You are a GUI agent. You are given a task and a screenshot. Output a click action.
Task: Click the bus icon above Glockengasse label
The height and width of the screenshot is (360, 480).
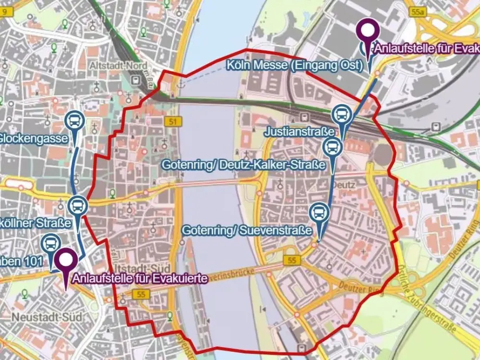(74, 121)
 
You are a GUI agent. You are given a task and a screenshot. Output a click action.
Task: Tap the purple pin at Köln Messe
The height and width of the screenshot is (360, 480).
(369, 32)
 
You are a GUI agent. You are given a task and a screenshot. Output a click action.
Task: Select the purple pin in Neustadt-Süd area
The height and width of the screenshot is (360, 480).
(66, 261)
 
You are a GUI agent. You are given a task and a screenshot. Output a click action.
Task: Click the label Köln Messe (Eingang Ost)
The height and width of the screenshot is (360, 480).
(295, 66)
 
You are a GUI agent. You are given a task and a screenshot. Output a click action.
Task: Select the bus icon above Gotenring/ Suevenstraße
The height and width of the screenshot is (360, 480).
(319, 212)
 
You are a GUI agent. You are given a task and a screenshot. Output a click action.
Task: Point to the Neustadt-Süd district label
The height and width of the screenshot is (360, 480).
(47, 317)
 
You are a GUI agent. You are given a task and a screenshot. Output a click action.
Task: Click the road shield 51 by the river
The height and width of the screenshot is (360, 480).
(172, 122)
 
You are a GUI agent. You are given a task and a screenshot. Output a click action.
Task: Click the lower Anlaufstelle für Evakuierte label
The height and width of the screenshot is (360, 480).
(140, 278)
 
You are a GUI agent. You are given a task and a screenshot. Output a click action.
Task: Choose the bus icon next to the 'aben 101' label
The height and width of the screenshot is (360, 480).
(51, 244)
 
